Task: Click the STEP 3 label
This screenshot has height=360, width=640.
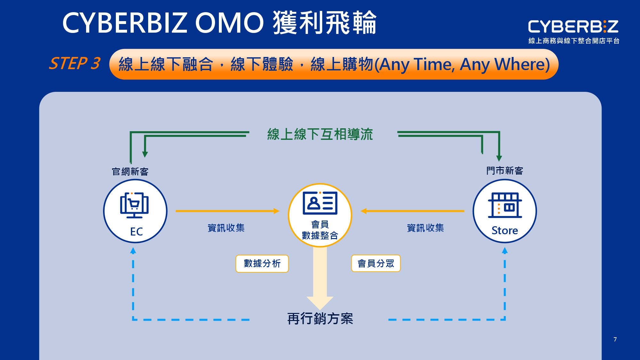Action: pyautogui.click(x=74, y=63)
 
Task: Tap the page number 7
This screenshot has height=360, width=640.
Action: pyautogui.click(x=615, y=339)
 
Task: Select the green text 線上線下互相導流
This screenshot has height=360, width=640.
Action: pyautogui.click(x=320, y=134)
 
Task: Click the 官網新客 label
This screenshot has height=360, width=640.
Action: pyautogui.click(x=130, y=172)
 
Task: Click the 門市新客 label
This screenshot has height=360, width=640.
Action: pyautogui.click(x=505, y=171)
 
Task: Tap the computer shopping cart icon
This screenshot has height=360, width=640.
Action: pyautogui.click(x=134, y=205)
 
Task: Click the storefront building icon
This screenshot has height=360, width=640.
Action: pyautogui.click(x=505, y=205)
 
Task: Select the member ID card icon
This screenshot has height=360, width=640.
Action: pyautogui.click(x=320, y=203)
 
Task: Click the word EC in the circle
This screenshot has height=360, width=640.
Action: pyautogui.click(x=136, y=232)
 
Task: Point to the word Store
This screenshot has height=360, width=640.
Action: pyautogui.click(x=505, y=230)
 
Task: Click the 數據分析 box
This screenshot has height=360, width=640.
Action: pyautogui.click(x=262, y=263)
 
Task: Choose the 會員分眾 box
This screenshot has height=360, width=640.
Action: pyautogui.click(x=376, y=263)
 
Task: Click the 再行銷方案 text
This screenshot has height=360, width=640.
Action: pyautogui.click(x=320, y=319)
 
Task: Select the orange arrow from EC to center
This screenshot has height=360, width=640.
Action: pyautogui.click(x=227, y=211)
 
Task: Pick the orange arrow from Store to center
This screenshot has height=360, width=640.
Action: pyautogui.click(x=413, y=211)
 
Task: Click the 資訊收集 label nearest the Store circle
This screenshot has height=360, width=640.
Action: pyautogui.click(x=425, y=228)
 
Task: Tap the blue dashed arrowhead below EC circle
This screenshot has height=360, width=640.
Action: pyautogui.click(x=133, y=251)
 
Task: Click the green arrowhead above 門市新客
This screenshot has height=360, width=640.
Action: pyautogui.click(x=499, y=158)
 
